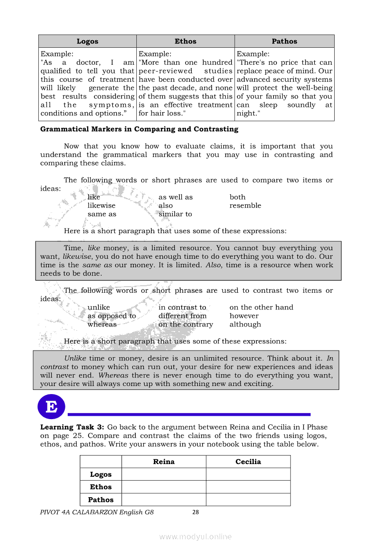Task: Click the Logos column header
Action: click(x=88, y=41)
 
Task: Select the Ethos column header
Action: click(x=186, y=41)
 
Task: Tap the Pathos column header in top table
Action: click(x=284, y=41)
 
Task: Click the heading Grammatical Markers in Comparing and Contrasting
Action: click(x=139, y=129)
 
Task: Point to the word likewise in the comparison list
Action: click(x=101, y=206)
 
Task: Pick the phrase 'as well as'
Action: click(x=176, y=197)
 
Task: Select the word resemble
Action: click(x=245, y=206)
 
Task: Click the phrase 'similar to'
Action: click(x=175, y=214)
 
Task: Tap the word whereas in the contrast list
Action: click(x=102, y=325)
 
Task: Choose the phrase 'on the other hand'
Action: click(x=261, y=307)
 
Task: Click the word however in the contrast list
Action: click(x=244, y=316)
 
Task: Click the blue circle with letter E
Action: click(x=51, y=406)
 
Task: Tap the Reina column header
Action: click(x=164, y=462)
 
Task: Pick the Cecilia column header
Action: click(x=248, y=462)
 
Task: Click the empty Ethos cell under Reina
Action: click(x=164, y=487)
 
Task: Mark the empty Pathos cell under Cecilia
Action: click(x=248, y=500)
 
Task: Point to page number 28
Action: click(x=196, y=512)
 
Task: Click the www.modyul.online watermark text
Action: click(x=195, y=536)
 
